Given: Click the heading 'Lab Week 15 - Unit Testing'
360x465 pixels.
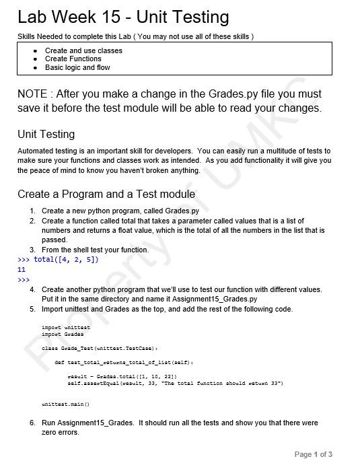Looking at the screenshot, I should [123, 17].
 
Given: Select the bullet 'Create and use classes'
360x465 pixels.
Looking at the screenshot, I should [83, 50].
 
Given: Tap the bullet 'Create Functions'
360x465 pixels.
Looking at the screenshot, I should [73, 59].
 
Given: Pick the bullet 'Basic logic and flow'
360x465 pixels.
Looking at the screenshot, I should [77, 68].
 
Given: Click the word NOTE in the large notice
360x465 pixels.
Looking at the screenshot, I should [32, 94].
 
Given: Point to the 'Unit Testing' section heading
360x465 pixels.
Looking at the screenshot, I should [46, 134].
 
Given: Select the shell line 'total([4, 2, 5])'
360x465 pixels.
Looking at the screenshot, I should [66, 260].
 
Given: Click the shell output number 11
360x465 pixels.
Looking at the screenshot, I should [22, 269].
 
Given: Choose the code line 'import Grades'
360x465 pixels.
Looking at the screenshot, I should [62, 334].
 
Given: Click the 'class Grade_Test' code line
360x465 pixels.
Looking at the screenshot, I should [99, 348].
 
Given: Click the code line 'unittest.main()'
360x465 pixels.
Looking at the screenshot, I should [65, 404].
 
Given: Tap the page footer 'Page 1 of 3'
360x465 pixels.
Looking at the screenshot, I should [313, 454].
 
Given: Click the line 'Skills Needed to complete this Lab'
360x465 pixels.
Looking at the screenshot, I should [135, 36].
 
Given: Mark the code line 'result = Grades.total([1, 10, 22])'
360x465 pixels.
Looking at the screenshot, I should [122, 376].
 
